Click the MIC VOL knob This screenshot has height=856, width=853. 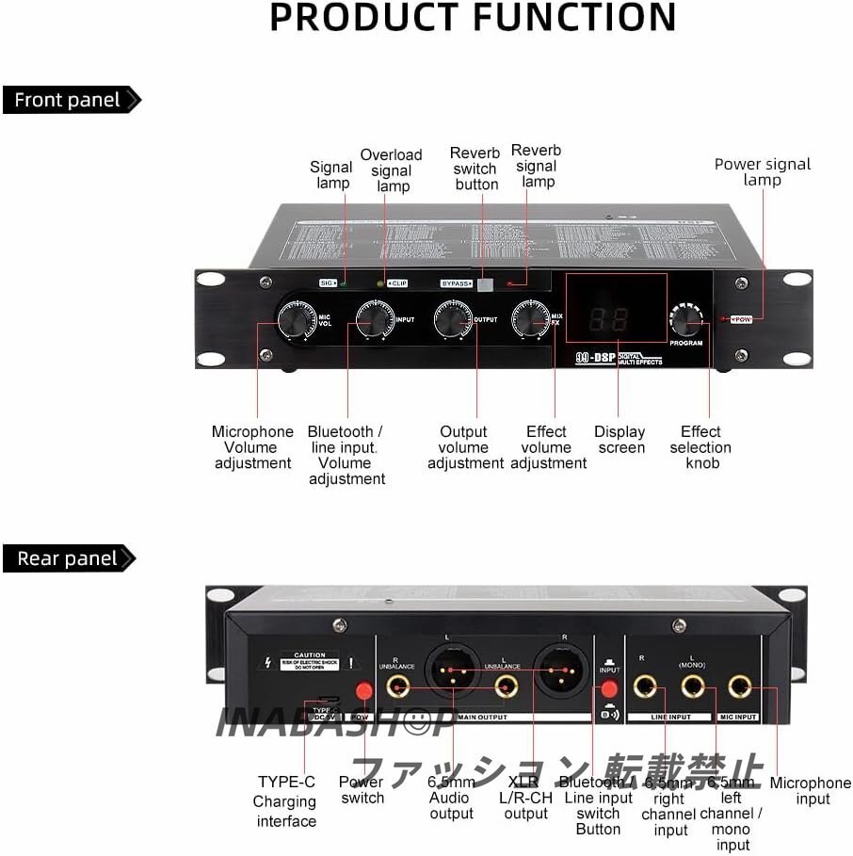coord(295,320)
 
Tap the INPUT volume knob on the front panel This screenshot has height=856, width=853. coord(375,320)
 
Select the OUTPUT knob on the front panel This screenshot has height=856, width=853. coord(453,320)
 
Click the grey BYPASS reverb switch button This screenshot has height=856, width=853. coord(485,283)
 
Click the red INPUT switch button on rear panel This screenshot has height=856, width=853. coord(609,692)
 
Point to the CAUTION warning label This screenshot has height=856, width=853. coord(310,660)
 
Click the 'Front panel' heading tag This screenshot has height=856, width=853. coord(69,100)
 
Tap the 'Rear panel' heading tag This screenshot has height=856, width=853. coord(67,558)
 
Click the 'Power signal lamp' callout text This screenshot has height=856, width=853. coord(762,171)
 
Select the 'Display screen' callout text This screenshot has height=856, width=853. coord(620,440)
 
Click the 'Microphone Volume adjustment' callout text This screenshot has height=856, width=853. coord(252,447)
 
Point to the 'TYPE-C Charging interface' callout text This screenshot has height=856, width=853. coord(286,801)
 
